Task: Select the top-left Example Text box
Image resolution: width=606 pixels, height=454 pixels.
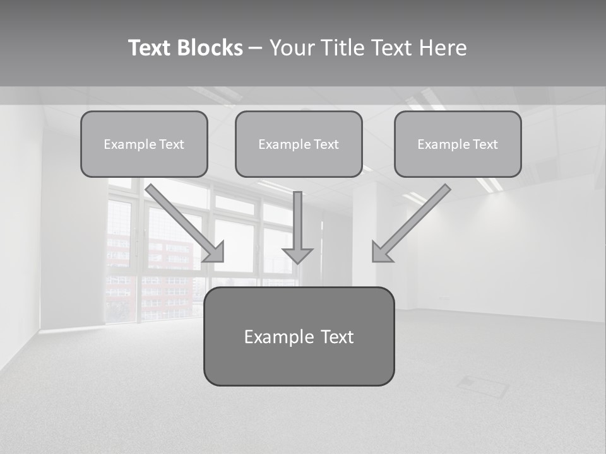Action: [144, 144]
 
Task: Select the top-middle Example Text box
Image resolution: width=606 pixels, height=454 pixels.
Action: [299, 144]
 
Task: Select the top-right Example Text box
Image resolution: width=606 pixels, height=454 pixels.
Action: [458, 144]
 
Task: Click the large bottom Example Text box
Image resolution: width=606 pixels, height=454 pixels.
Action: [299, 336]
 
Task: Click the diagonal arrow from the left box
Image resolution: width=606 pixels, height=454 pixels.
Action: [183, 221]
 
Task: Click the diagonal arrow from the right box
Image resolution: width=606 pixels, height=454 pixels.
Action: [413, 221]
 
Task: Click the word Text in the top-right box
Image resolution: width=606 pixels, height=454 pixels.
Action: [485, 144]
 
